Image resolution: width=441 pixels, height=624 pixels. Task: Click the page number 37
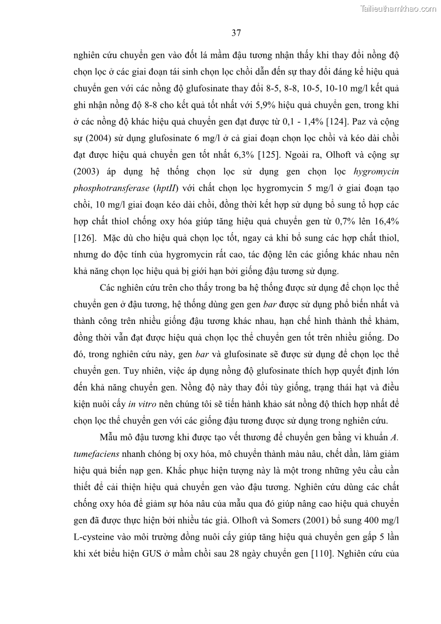[236, 33]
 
